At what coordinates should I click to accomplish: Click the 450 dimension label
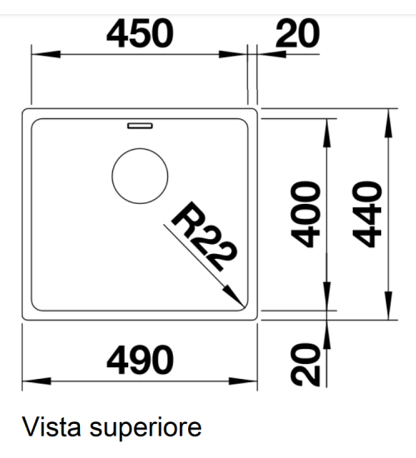[140, 33]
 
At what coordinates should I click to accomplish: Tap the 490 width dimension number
[140, 360]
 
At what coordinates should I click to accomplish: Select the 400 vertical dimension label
[305, 214]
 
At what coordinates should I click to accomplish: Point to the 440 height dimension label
[367, 214]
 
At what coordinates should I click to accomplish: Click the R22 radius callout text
[205, 236]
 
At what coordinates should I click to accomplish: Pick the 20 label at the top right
[298, 33]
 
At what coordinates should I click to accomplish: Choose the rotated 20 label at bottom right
[305, 365]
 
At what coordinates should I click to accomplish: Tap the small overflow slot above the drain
[140, 126]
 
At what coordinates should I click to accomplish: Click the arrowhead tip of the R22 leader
[244, 306]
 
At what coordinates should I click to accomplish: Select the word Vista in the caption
[52, 427]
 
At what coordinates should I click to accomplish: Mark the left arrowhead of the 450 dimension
[46, 54]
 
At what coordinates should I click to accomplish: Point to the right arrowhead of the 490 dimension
[243, 381]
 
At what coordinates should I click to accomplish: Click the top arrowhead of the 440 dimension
[389, 123]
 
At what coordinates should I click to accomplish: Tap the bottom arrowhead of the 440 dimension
[389, 306]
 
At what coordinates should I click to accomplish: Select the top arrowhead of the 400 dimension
[327, 133]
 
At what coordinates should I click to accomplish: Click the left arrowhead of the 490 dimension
[37, 381]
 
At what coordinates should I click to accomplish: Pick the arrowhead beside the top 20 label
[271, 54]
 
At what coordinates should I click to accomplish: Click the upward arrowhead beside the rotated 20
[327, 335]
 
